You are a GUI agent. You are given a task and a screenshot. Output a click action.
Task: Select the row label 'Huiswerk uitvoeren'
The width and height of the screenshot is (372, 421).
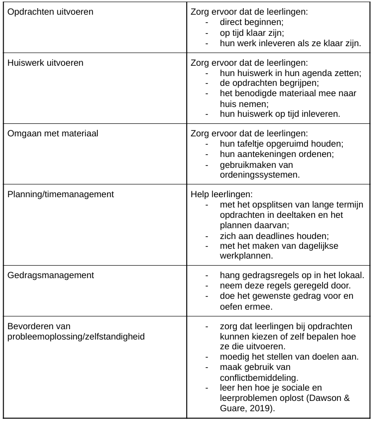point(46,62)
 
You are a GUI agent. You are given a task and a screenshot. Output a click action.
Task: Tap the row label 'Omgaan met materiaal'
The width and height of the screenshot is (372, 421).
point(53,134)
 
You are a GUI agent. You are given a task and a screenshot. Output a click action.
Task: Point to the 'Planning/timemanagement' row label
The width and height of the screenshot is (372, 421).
point(61,194)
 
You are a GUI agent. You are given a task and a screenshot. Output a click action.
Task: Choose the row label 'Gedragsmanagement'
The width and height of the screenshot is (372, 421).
point(51,275)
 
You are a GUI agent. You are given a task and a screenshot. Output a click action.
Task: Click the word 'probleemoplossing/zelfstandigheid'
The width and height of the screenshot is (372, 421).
point(76,336)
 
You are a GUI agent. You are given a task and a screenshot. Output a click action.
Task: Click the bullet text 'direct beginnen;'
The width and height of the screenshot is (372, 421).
point(251,23)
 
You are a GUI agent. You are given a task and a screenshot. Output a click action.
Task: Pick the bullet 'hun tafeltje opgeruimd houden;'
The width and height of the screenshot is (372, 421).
point(281,144)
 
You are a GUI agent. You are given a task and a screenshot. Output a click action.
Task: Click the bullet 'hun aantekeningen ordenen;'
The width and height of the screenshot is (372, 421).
point(276,154)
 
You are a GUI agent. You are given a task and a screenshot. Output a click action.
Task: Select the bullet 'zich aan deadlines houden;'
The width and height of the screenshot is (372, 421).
point(274,236)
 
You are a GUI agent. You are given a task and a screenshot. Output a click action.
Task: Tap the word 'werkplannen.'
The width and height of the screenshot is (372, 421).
point(245,256)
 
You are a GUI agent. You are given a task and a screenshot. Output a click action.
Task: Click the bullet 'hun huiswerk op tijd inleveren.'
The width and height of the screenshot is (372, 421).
point(280,114)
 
